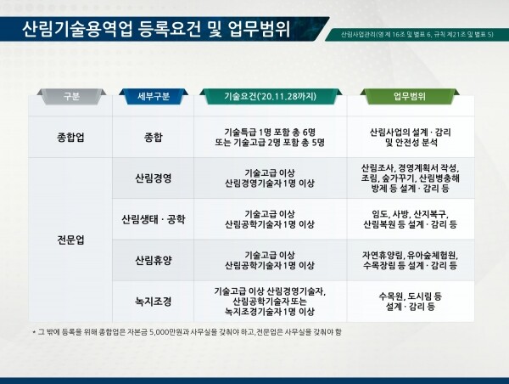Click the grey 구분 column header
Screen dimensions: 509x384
click(x=71, y=96)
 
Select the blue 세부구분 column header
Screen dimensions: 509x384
click(x=154, y=96)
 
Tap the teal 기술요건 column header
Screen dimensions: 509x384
click(x=271, y=96)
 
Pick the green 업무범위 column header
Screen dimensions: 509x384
click(x=410, y=96)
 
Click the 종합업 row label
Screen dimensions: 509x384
click(x=70, y=138)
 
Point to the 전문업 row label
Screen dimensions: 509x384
click(x=70, y=240)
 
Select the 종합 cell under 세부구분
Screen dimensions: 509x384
click(x=154, y=138)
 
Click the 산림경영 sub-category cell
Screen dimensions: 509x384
click(x=154, y=178)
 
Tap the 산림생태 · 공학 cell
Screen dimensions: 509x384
click(x=154, y=219)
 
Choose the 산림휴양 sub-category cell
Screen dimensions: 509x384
click(x=154, y=260)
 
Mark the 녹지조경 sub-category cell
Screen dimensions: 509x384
click(x=154, y=302)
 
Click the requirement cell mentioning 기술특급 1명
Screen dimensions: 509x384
click(x=270, y=138)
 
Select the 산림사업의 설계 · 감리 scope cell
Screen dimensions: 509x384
click(x=411, y=138)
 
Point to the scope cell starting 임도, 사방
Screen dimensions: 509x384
click(x=411, y=219)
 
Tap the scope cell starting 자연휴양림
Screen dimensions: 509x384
click(x=411, y=260)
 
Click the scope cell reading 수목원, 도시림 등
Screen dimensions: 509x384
click(x=411, y=302)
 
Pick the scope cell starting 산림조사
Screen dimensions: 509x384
click(x=411, y=178)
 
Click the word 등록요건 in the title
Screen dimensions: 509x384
click(x=169, y=29)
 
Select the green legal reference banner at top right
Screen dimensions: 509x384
click(x=417, y=34)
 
